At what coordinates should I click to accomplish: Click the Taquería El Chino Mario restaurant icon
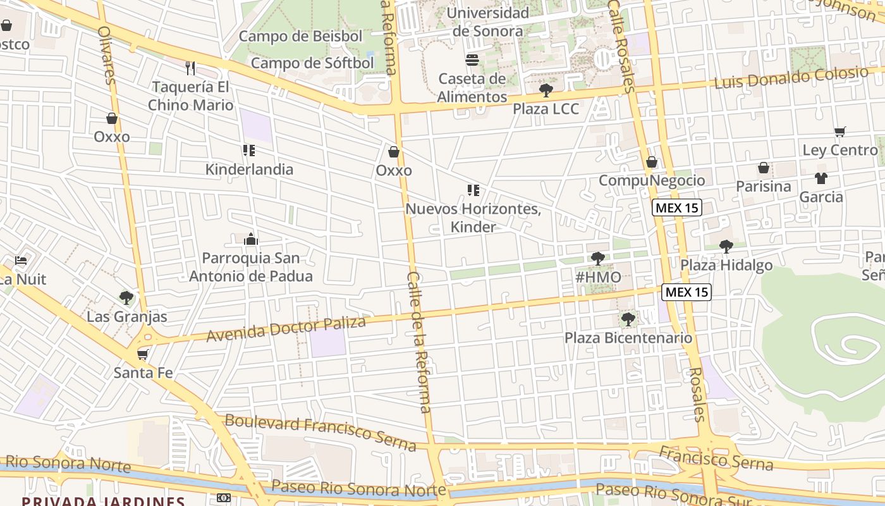click(190, 68)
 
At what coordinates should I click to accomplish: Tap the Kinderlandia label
click(249, 170)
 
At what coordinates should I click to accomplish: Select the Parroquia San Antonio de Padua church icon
click(251, 239)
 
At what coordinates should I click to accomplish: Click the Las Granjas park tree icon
click(126, 297)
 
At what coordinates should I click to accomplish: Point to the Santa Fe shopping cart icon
click(143, 354)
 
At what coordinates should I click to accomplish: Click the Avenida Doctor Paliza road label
click(286, 329)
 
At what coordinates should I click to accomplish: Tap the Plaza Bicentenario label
click(628, 338)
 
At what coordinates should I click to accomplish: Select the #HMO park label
click(598, 276)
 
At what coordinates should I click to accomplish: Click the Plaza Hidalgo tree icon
click(726, 246)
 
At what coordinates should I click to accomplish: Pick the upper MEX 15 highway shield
click(678, 207)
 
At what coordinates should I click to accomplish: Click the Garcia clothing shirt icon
click(821, 178)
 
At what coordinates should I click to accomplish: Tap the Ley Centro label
click(839, 151)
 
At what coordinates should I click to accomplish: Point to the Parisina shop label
click(763, 187)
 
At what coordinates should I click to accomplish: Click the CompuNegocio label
click(651, 180)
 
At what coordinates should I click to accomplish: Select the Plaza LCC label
click(545, 109)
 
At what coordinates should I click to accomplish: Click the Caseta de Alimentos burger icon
click(472, 60)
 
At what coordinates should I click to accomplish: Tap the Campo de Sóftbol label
click(312, 63)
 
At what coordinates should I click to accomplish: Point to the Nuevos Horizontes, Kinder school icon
click(473, 190)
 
